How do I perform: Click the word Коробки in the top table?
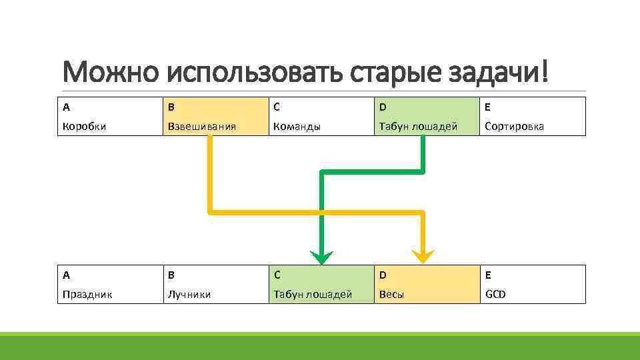coord(83,126)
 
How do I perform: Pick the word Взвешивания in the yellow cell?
coord(197,126)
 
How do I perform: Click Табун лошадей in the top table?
coord(418,126)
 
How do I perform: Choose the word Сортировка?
coord(514,126)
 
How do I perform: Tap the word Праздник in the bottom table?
coord(87,294)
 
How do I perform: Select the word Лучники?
coord(189,294)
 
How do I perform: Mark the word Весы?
coord(391,294)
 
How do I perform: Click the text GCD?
coord(495,294)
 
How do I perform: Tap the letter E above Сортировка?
coord(488,107)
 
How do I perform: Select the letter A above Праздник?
coord(66,275)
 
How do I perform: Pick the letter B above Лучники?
coord(171,275)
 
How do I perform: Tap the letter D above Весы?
coord(383,275)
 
